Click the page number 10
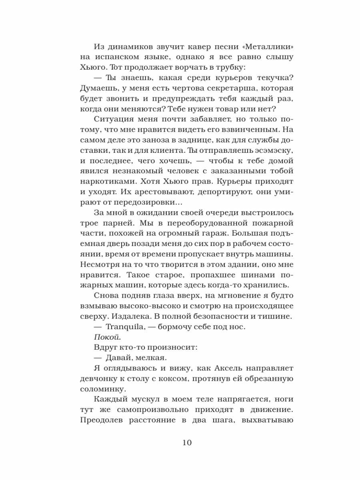tap(186, 443)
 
